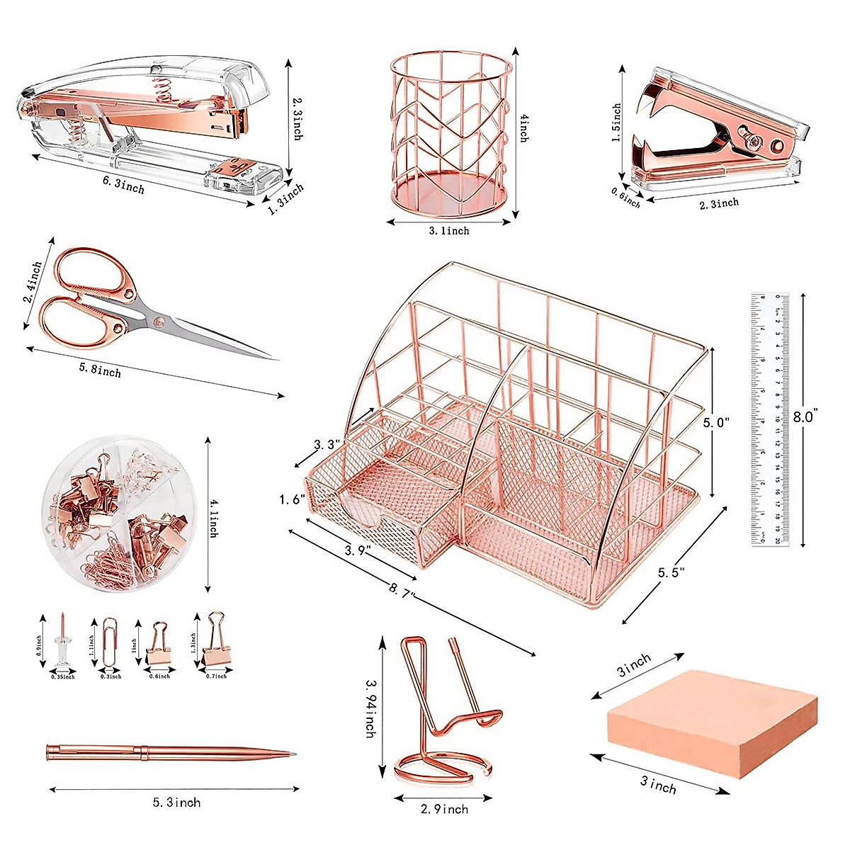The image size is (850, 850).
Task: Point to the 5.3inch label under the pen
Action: click(176, 803)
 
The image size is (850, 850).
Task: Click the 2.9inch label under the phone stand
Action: click(444, 809)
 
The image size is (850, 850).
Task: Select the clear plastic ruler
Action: click(769, 418)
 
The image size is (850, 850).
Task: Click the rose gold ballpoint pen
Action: click(170, 752)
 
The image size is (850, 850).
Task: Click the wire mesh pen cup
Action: click(450, 135)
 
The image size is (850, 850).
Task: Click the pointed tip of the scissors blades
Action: click(269, 358)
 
